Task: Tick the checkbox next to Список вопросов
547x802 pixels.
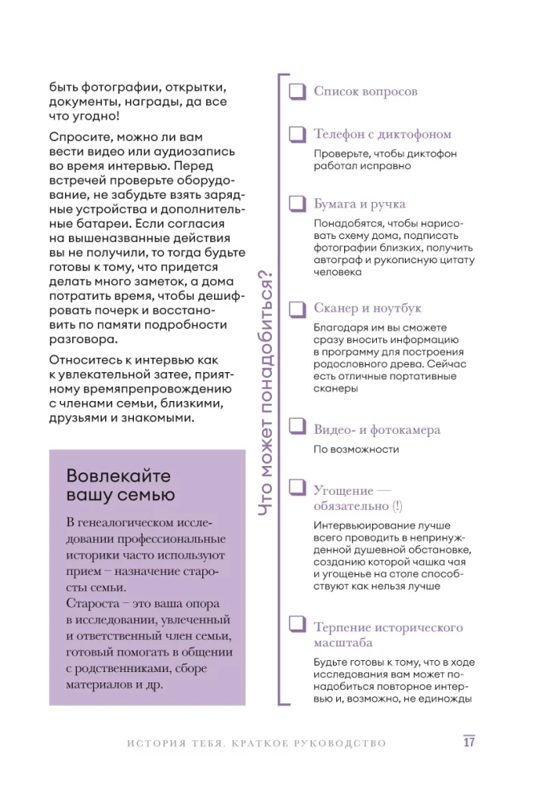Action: pos(298,91)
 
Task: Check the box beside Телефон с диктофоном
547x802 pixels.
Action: pos(298,135)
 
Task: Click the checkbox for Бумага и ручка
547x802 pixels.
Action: pos(298,205)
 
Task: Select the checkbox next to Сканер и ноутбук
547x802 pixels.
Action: pos(298,309)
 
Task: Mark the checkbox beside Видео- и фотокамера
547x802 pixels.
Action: pos(298,430)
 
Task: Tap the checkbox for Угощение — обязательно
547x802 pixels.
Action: pos(298,489)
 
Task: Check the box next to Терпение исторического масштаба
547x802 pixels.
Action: pos(298,627)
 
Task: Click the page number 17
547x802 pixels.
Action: pos(469,742)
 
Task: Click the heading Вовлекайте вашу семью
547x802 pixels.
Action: pos(120,484)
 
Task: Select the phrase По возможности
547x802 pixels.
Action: pos(355,449)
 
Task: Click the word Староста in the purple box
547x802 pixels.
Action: pos(93,602)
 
